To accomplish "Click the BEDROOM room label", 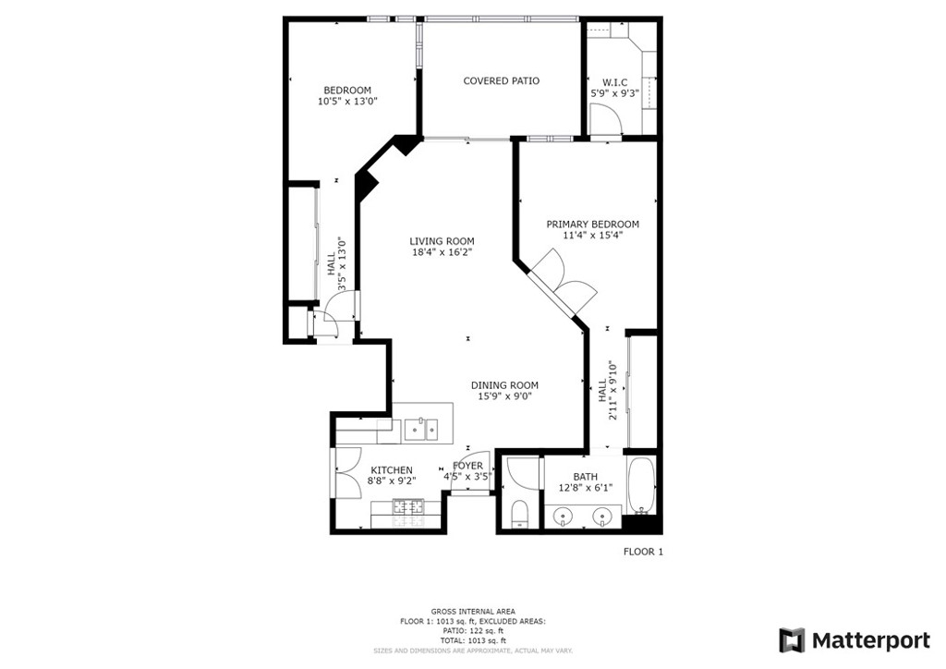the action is tap(347, 91).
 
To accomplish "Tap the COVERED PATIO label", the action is tap(502, 80).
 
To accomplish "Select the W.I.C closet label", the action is tap(614, 82).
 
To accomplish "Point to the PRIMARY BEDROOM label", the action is tap(592, 225).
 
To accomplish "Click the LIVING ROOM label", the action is tap(443, 241).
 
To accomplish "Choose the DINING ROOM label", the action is tap(505, 385).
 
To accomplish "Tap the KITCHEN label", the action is tap(392, 470).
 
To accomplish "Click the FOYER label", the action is tap(467, 466).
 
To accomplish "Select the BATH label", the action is tap(585, 477).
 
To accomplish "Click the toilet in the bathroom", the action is tap(519, 515).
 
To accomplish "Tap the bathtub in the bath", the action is tap(641, 486).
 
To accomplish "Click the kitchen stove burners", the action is tap(409, 514).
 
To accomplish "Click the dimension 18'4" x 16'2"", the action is tap(443, 253).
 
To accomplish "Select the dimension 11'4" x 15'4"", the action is tap(592, 236).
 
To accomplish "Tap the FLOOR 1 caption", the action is tap(643, 552).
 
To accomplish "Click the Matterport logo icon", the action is tap(792, 640).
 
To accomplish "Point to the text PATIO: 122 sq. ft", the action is tap(473, 631).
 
